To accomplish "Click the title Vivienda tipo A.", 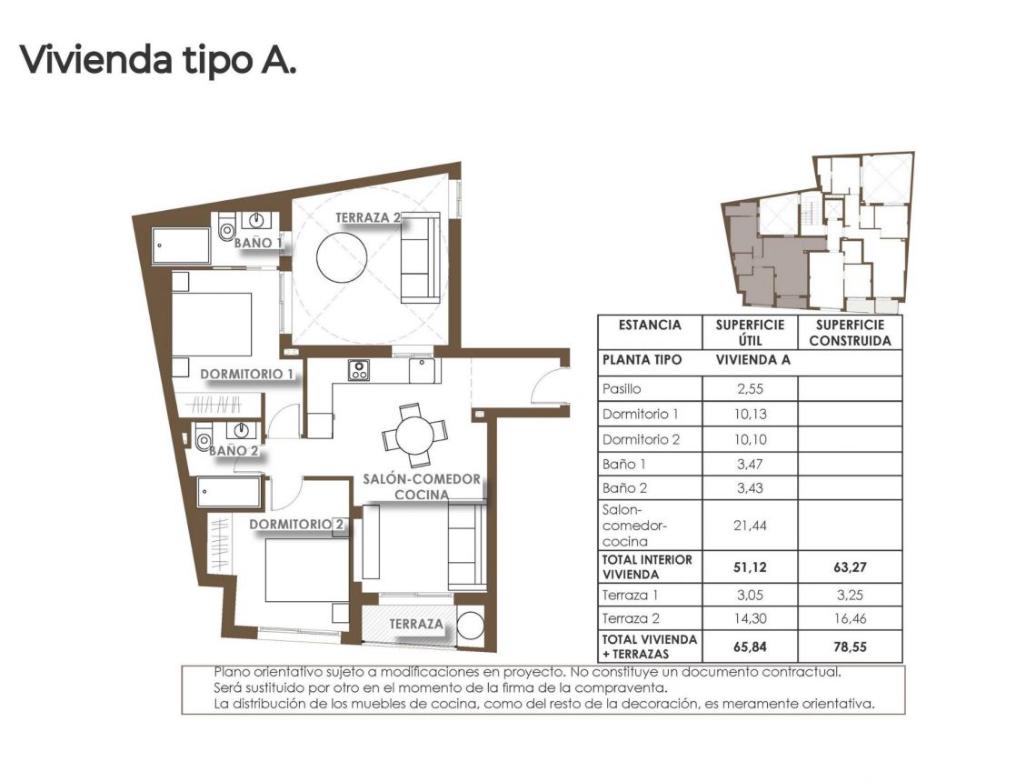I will (158, 60).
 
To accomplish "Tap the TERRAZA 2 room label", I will (369, 217).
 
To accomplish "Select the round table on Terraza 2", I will (343, 256).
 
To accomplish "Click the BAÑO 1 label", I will (258, 243).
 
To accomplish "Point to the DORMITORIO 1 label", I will (246, 373).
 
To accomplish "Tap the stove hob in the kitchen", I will (359, 369).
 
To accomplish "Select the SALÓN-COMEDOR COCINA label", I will (421, 486).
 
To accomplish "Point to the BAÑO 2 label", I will (234, 449).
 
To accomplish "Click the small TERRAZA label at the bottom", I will (416, 625).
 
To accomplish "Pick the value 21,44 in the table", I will (750, 525).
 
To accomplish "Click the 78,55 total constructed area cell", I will (849, 646).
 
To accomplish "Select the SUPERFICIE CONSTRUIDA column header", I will (849, 333).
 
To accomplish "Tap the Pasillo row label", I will (623, 388).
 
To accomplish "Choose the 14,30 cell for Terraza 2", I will (750, 619).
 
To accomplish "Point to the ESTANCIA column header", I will (650, 326).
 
